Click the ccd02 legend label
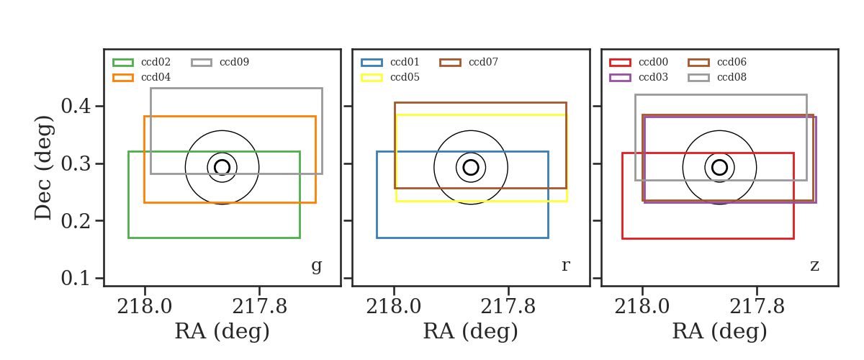pos(156,62)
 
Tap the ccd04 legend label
pos(156,77)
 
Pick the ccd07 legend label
pos(483,62)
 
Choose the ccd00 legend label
pos(653,62)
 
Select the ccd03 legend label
pos(653,77)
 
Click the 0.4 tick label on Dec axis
pos(76,106)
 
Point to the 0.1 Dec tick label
pos(76,278)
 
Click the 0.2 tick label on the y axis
pos(76,221)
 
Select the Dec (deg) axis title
pos(43,168)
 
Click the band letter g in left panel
pos(317,266)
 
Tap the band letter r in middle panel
pos(565,265)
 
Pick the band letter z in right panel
pos(814,266)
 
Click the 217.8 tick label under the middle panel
pos(508,307)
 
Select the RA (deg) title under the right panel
pos(720,332)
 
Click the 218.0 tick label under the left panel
pos(145,307)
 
